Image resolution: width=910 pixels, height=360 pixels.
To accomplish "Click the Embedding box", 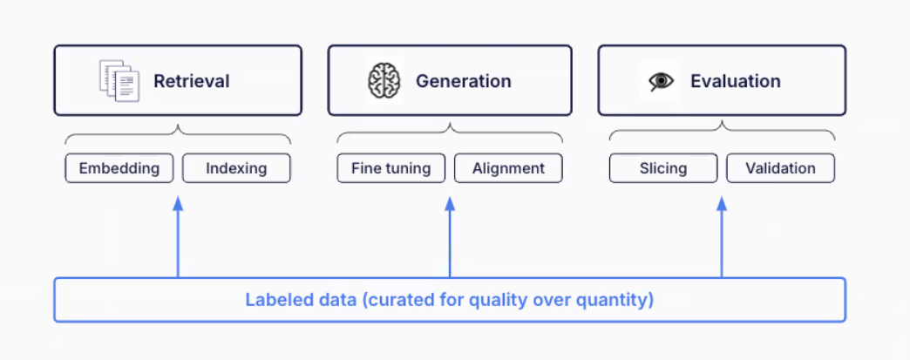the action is [x=119, y=168].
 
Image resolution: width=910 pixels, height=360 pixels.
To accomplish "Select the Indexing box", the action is [x=236, y=168].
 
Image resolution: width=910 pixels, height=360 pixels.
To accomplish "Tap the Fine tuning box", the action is [x=391, y=168].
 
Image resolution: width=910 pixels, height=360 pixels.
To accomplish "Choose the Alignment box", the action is [x=508, y=168].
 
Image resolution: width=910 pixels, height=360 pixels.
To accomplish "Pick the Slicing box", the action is [x=663, y=168].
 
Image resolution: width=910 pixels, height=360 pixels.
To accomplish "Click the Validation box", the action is [x=781, y=168].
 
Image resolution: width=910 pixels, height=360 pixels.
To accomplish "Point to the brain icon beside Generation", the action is [x=384, y=81].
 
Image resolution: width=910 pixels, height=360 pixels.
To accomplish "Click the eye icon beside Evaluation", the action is [x=661, y=81].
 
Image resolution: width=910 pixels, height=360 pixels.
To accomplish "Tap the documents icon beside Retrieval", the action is [x=119, y=81].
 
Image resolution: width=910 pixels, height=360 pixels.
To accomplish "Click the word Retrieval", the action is [x=192, y=81].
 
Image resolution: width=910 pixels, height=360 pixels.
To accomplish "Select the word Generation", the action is [x=463, y=81].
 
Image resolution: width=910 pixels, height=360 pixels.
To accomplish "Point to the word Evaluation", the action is [x=736, y=81].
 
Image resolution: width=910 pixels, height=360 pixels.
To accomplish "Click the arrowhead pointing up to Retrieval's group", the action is [x=178, y=202].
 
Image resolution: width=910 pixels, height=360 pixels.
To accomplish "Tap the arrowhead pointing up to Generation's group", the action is [x=450, y=202].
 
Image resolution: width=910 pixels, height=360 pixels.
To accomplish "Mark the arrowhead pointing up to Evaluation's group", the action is [x=722, y=202].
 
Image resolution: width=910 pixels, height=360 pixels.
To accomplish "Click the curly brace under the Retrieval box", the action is [x=178, y=132].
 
